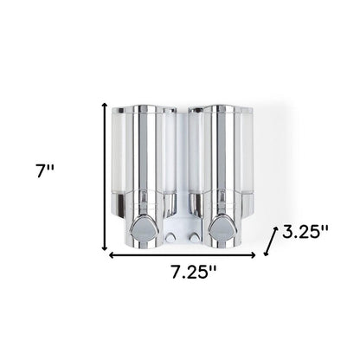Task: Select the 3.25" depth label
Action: pyautogui.click(x=305, y=232)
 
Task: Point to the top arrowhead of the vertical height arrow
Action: pyautogui.click(x=106, y=105)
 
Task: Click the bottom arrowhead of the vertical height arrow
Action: pyautogui.click(x=106, y=246)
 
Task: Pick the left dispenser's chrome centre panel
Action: pyautogui.click(x=145, y=164)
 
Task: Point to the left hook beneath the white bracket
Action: pyautogui.click(x=174, y=236)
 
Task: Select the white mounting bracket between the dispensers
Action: pyautogui.click(x=182, y=173)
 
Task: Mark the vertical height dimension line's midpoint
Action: pyautogui.click(x=106, y=176)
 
